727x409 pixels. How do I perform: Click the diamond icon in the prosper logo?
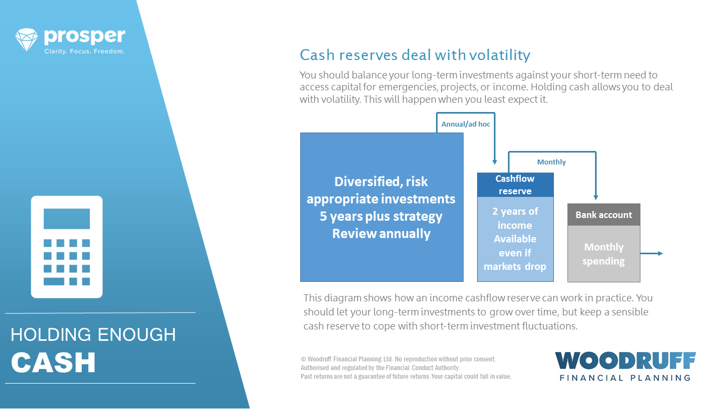coord(27,39)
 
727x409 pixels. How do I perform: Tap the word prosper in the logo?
coord(84,36)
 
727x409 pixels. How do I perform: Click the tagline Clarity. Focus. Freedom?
coord(84,51)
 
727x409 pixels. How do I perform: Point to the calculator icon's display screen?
coord(67,219)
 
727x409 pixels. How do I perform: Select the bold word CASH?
coord(53,362)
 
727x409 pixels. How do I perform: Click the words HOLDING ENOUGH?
coord(93,335)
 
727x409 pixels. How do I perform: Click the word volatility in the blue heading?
coord(500,55)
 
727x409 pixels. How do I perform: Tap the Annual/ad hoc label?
coord(466,124)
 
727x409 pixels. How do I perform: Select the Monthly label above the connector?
coord(551,162)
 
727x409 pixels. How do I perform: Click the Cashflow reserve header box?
coord(515,184)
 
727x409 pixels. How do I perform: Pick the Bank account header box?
coord(604,215)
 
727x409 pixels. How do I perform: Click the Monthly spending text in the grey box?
coord(604,254)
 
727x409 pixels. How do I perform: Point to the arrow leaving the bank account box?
coord(652,254)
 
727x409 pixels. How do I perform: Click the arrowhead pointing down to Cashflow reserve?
coord(494,162)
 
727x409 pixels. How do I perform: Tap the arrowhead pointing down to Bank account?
coord(596,197)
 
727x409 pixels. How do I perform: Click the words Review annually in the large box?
coord(381,234)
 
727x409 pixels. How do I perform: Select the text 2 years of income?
coord(515,218)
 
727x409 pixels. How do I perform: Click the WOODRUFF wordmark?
coord(625,361)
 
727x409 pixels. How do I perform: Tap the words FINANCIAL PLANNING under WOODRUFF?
coord(625,378)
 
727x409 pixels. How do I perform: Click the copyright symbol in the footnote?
coord(303,359)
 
